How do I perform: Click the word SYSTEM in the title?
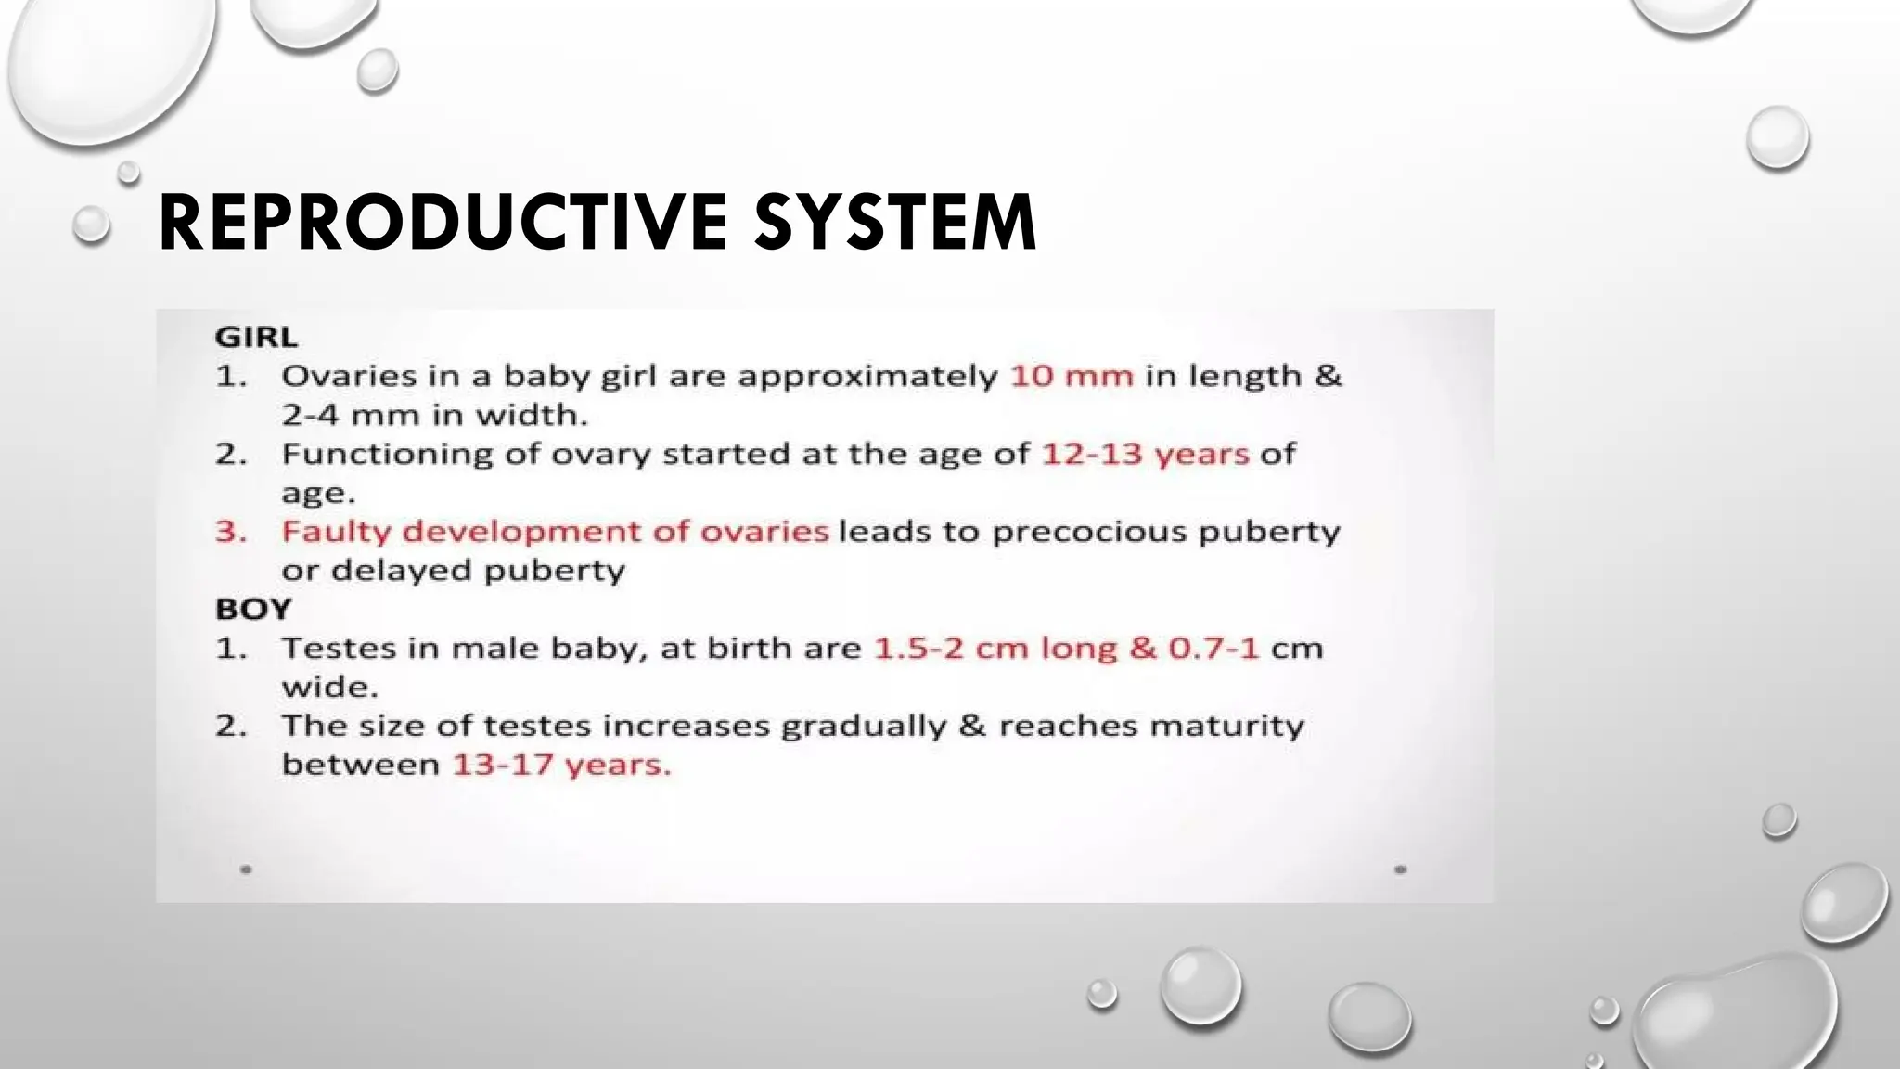coord(894,222)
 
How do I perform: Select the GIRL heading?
coord(256,336)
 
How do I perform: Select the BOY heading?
coord(253,609)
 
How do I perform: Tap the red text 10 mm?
coord(1072,376)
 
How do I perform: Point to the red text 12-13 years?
coord(1146,454)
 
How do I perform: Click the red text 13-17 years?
coord(561,765)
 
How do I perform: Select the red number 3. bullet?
coord(231,532)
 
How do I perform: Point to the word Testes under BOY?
coord(339,648)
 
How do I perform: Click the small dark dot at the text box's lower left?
coord(246,869)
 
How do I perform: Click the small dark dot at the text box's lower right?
coord(1400,869)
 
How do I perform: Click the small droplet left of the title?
coord(91,224)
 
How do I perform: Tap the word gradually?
coord(863,726)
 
